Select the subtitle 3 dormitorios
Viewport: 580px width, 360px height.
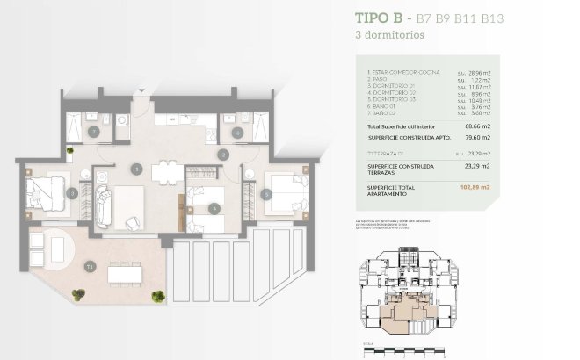click(x=389, y=36)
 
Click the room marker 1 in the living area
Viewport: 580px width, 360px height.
click(x=136, y=167)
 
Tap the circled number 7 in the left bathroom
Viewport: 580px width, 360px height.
click(x=94, y=132)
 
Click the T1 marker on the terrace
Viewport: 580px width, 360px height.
click(x=90, y=265)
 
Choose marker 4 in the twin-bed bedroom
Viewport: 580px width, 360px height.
click(x=214, y=208)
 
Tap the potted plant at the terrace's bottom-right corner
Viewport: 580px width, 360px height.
click(x=158, y=296)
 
